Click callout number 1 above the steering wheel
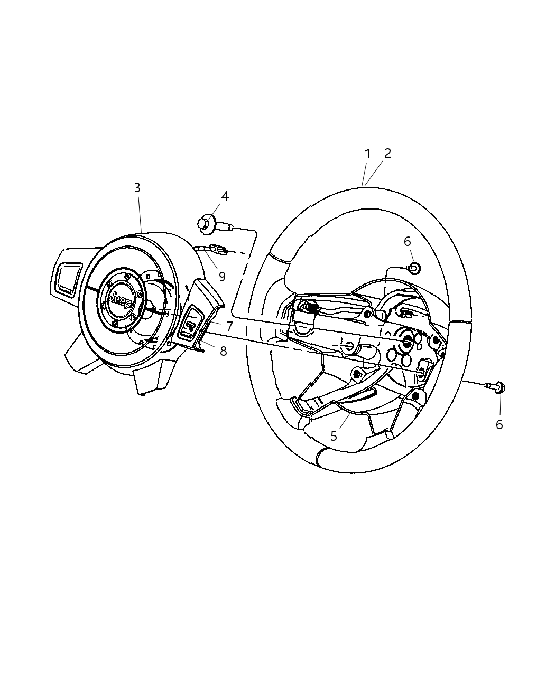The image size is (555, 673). coord(367,154)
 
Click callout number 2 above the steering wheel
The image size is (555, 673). coord(387,153)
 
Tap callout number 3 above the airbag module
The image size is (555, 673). coord(137,187)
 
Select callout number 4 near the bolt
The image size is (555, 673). coord(225,196)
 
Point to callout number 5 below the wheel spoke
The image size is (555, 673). coord(334,436)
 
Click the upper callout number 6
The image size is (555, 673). coord(407,241)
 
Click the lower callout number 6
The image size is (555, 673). coord(499,424)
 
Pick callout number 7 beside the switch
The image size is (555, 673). coord(229,326)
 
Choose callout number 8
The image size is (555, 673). coord(223,350)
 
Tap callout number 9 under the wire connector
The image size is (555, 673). coord(221,276)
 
